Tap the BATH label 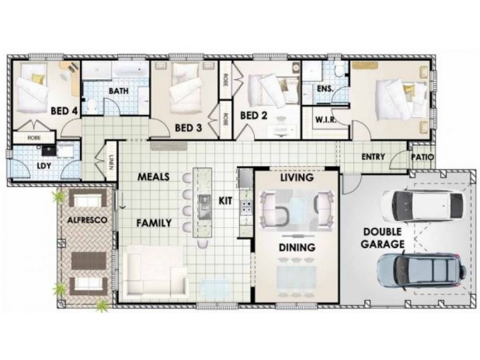pos(119,91)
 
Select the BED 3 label pos(188,127)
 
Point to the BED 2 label pos(253,115)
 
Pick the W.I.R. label pos(325,119)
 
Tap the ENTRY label pos(373,157)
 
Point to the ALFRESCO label pos(87,221)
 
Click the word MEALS pos(153,177)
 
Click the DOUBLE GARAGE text pos(382,238)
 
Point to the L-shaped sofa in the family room pos(154,273)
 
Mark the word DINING pos(297,247)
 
